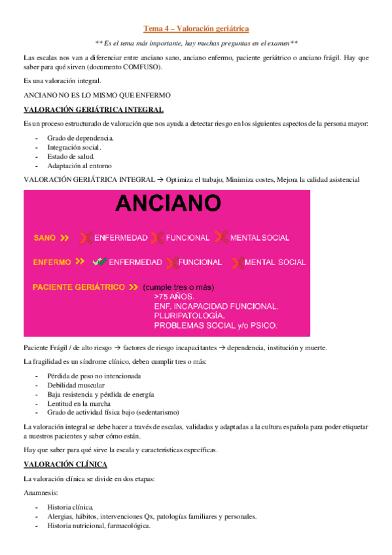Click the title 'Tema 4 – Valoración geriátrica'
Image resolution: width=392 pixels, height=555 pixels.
[196, 28]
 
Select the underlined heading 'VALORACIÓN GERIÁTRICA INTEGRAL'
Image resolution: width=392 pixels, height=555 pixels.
[94, 109]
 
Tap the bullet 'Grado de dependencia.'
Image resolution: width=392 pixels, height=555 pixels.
[80, 138]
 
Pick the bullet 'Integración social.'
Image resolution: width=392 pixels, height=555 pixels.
[74, 147]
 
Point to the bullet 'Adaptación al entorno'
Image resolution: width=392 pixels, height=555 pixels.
[80, 166]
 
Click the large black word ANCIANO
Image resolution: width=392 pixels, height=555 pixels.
[167, 203]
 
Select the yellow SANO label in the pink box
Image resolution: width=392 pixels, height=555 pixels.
[45, 238]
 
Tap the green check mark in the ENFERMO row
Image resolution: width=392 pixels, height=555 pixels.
[99, 262]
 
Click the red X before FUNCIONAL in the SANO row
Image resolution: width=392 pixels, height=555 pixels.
[157, 238]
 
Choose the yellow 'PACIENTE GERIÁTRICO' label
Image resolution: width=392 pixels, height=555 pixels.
[79, 287]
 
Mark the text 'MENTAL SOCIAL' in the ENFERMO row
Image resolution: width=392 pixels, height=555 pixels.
[275, 262]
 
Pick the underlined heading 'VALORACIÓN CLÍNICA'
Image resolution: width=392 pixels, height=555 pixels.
[65, 464]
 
